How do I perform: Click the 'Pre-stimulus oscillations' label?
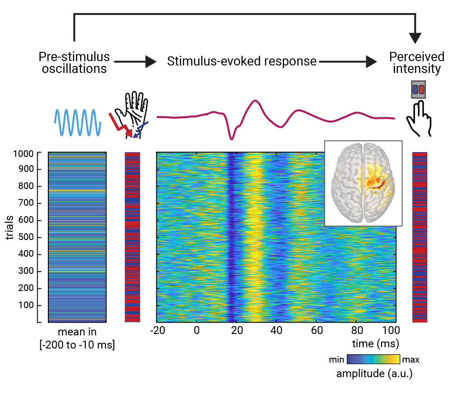[x=74, y=63]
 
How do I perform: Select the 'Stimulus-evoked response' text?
[x=242, y=62]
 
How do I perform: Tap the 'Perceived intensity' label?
[x=417, y=63]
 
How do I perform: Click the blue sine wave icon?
[x=78, y=122]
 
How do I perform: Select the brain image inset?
[x=363, y=183]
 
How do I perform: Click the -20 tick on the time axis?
[x=158, y=331]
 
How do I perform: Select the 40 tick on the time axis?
[x=276, y=331]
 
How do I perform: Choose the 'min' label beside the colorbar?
[x=337, y=360]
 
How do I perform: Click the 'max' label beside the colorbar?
[x=411, y=360]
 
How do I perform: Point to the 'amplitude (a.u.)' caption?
[x=374, y=374]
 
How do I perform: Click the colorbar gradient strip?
[x=373, y=360]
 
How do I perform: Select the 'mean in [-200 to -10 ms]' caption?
[x=77, y=339]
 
